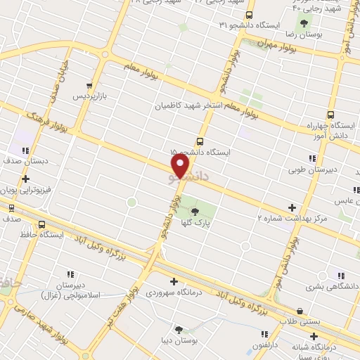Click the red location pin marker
pyautogui.click(x=181, y=166)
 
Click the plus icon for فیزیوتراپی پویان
pyautogui.click(x=25, y=179)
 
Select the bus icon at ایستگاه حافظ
pyautogui.click(x=41, y=225)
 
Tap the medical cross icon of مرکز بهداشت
pyautogui.click(x=292, y=207)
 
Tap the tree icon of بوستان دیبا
pyautogui.click(x=179, y=329)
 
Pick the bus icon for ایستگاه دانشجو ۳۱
pyautogui.click(x=250, y=14)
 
